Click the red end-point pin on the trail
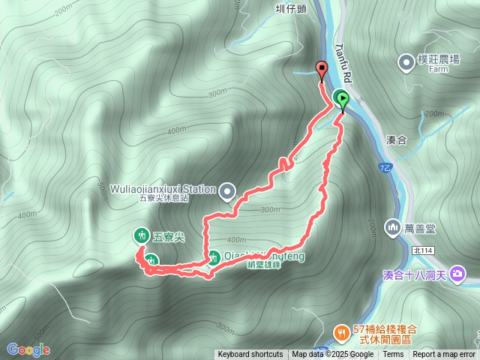point(322,70)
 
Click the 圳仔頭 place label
point(290,10)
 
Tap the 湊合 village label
point(396,139)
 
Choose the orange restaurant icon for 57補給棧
point(341,331)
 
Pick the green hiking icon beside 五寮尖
point(141,235)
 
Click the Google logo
point(28,349)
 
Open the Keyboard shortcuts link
point(250,355)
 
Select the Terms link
point(393,355)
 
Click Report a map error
point(444,355)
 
